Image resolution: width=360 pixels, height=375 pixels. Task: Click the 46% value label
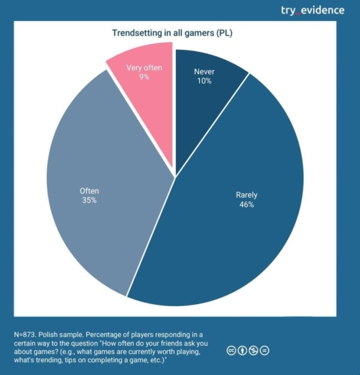[x=245, y=205]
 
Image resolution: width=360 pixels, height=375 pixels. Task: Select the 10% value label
[x=203, y=81]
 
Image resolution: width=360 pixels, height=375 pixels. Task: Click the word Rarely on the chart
[x=245, y=195]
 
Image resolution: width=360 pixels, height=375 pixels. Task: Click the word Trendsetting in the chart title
[x=136, y=32]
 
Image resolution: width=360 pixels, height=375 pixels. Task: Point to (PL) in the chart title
[x=238, y=32]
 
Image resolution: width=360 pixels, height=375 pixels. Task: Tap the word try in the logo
[x=289, y=10]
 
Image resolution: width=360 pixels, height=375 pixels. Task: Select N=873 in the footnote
[x=26, y=335]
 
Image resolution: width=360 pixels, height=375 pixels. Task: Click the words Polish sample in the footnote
[x=65, y=335]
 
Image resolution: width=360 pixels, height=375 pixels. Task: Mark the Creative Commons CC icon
[x=231, y=350]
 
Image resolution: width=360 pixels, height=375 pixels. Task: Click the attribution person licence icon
[x=242, y=350]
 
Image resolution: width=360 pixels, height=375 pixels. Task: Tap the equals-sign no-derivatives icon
[x=265, y=350]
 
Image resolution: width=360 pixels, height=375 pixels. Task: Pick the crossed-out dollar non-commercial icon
[x=254, y=350]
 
